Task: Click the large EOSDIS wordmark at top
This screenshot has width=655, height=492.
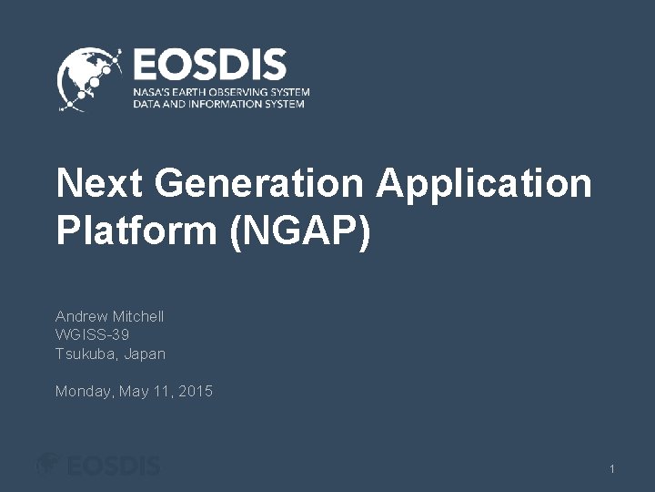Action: pos(209,67)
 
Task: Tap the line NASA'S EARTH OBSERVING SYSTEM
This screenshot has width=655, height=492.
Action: pos(221,93)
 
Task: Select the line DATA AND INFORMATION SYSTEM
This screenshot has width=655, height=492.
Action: pos(218,105)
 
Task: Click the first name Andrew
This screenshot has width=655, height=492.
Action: pos(82,316)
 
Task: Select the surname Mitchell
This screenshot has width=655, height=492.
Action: pos(138,316)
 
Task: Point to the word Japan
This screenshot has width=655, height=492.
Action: pos(145,354)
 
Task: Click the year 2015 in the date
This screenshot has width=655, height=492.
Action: pos(196,392)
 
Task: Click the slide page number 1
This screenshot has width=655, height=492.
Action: pos(612,469)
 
